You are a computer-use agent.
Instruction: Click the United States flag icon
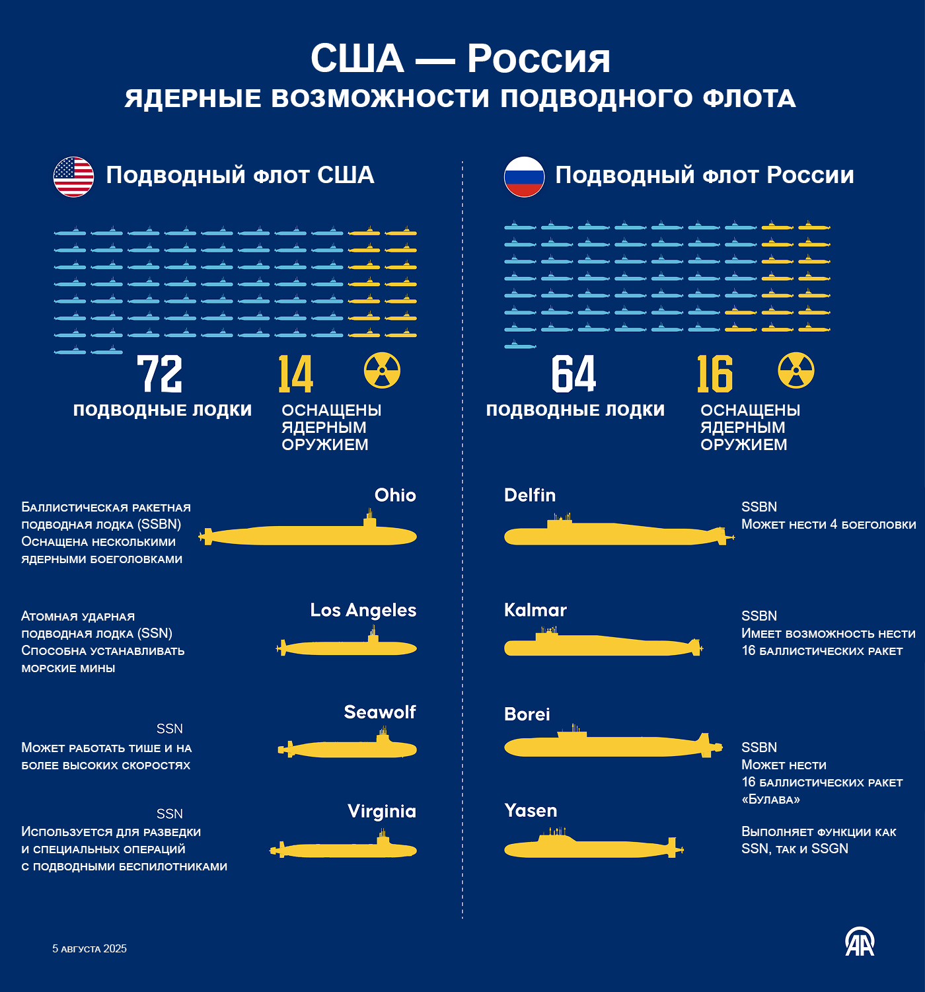[x=73, y=176]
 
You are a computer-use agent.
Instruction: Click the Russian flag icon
[x=524, y=176]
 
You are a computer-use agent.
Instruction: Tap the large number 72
[x=159, y=374]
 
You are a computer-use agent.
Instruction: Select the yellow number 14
[x=295, y=374]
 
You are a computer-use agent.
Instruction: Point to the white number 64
[x=573, y=374]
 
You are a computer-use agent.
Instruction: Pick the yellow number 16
[x=715, y=374]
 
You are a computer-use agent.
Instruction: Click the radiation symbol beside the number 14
[x=382, y=370]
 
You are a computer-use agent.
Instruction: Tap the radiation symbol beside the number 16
[x=796, y=370]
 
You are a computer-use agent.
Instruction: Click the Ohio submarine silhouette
[x=311, y=535]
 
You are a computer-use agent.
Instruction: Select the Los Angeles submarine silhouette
[x=348, y=648]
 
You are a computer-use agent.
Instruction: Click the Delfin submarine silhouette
[x=614, y=535]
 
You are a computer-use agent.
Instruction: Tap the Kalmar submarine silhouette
[x=601, y=646]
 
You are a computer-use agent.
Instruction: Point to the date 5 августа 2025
[x=90, y=949]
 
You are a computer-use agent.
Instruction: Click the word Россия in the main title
[x=538, y=59]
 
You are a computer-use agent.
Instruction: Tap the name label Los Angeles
[x=363, y=610]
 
